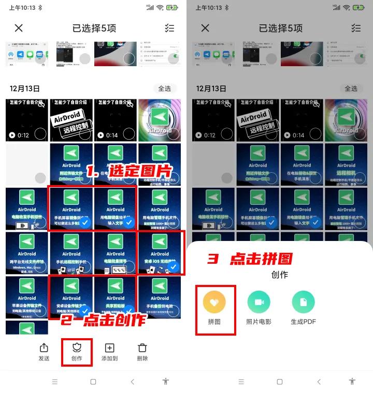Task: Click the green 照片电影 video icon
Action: tap(259, 303)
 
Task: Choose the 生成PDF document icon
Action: tap(303, 303)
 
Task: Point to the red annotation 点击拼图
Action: tap(250, 259)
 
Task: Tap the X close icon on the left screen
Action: tap(19, 28)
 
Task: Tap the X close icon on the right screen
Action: tap(205, 28)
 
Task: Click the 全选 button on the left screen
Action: tap(164, 88)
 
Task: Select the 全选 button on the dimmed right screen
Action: tap(351, 88)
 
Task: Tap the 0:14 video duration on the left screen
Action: tap(108, 135)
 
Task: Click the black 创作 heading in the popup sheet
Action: tap(279, 275)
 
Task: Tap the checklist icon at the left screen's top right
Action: tap(169, 28)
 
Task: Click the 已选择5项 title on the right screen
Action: tap(279, 28)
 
